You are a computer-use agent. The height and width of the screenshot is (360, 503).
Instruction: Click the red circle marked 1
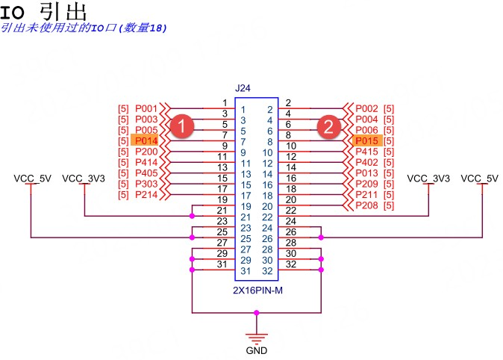(181, 125)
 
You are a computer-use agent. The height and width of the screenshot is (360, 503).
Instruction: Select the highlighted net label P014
(146, 140)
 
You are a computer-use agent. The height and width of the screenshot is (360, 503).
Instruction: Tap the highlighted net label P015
(367, 140)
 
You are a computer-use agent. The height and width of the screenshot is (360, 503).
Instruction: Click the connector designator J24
(243, 88)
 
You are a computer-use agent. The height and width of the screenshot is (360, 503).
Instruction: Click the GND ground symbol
(256, 340)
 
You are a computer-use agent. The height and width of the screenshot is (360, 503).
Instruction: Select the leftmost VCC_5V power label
(32, 179)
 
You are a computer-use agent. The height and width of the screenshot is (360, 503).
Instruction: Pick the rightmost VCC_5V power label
(479, 179)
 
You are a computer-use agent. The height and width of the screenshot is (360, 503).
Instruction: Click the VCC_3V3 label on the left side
(82, 179)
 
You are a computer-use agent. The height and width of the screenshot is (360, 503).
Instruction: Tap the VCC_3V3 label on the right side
(428, 179)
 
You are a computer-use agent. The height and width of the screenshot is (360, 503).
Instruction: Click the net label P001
(146, 108)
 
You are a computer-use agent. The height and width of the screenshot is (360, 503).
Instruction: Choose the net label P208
(367, 205)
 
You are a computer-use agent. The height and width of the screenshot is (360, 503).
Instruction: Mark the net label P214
(146, 194)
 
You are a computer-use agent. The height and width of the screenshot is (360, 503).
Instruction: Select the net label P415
(367, 152)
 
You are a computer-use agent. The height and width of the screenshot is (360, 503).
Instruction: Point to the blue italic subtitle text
(84, 28)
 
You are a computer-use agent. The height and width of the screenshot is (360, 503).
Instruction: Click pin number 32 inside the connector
(267, 270)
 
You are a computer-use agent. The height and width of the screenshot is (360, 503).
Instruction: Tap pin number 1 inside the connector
(243, 109)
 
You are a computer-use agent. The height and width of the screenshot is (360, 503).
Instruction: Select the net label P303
(146, 184)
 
